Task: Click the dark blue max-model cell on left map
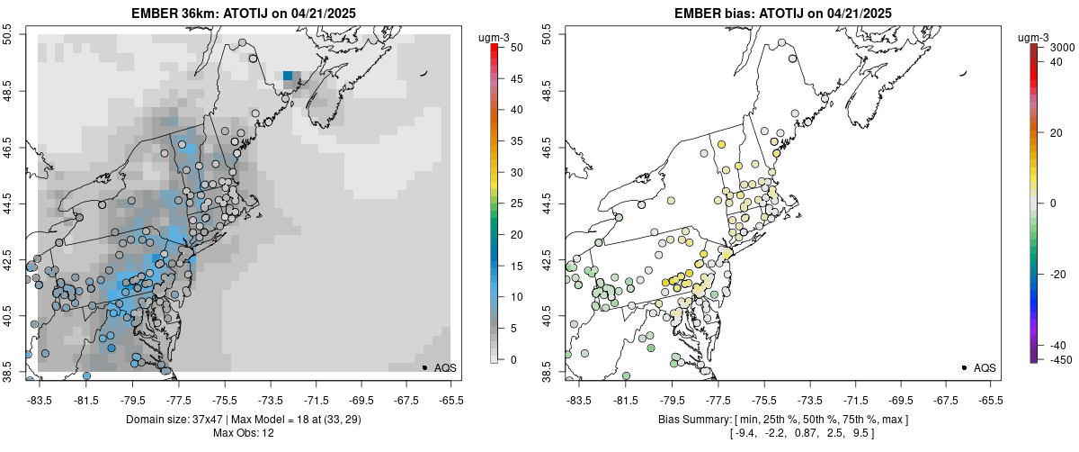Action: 288,77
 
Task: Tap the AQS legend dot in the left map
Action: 424,367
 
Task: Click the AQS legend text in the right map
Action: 985,367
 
